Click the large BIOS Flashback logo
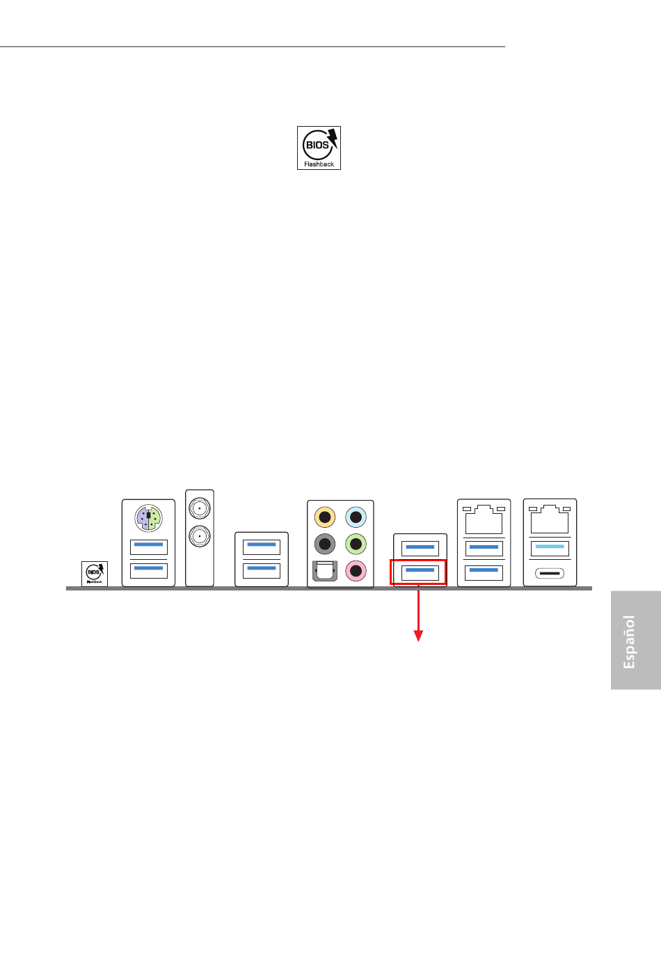[x=319, y=148]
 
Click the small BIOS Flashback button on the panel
[x=95, y=574]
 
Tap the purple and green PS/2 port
[x=148, y=518]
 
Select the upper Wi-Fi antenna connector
[x=200, y=508]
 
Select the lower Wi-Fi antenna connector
[x=200, y=535]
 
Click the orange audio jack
[x=325, y=517]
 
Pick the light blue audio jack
[x=356, y=517]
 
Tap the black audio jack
[x=325, y=544]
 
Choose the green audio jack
[x=356, y=544]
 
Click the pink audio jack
[x=356, y=571]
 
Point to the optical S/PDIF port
[x=325, y=571]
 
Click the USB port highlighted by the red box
[x=420, y=572]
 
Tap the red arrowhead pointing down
[x=418, y=635]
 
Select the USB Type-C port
[x=550, y=574]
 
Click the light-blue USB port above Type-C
[x=550, y=548]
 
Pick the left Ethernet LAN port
[x=484, y=520]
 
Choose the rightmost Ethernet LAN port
[x=550, y=520]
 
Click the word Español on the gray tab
[x=629, y=641]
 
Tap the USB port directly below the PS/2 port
[x=148, y=547]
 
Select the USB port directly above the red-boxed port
[x=420, y=548]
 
